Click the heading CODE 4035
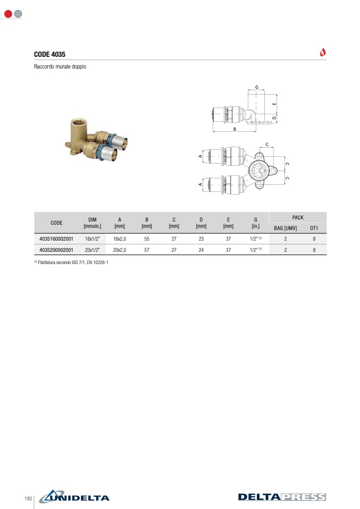(49, 54)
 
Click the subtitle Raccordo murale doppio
(60, 66)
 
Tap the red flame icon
(323, 52)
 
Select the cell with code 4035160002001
(56, 239)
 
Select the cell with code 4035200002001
(56, 250)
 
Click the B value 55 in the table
(147, 239)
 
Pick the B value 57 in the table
(147, 250)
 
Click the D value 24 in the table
(201, 250)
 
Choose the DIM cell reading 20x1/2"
(93, 250)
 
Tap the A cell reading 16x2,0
(120, 239)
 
